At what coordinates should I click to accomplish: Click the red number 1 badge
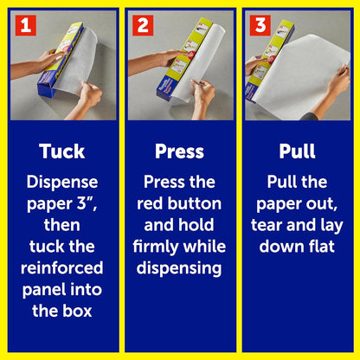[x=26, y=25]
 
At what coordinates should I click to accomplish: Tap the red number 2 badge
[x=143, y=25]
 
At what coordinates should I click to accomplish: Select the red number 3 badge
[x=260, y=25]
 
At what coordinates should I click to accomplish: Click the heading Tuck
[x=62, y=151]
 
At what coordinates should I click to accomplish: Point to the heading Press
[x=179, y=151]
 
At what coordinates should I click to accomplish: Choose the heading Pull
[x=297, y=151]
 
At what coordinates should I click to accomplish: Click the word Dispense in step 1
[x=62, y=183]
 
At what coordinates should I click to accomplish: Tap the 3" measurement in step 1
[x=87, y=203]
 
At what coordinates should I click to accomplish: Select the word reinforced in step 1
[x=62, y=268]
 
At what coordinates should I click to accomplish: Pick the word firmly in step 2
[x=156, y=247]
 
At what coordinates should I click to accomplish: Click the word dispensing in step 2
[x=179, y=269]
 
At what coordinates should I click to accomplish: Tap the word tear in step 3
[x=267, y=225]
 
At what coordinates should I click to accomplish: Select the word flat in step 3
[x=322, y=247]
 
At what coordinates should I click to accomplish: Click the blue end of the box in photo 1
[x=47, y=88]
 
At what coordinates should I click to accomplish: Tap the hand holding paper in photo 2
[x=202, y=92]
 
